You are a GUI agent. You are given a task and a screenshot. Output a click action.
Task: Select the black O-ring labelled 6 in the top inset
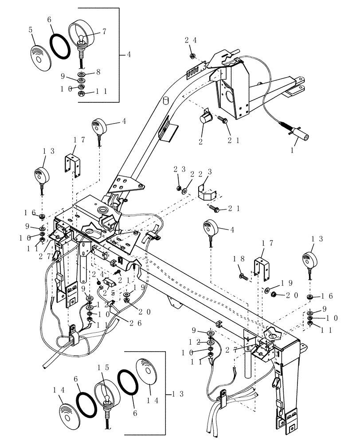pyautogui.click(x=60, y=46)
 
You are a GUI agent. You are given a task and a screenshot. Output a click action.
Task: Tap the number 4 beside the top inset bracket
pyautogui.click(x=129, y=55)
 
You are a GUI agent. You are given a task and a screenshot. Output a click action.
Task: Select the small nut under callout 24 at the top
pyautogui.click(x=192, y=56)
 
